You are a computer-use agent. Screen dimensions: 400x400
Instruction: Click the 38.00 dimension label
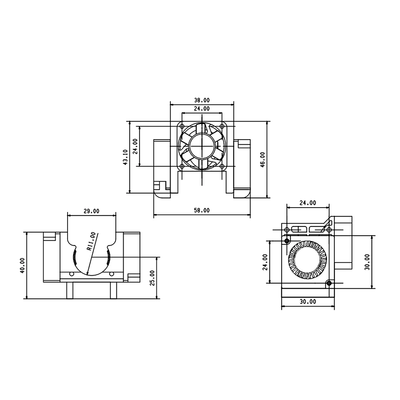coord(202,100)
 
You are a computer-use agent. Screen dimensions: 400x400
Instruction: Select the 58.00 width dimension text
coord(202,210)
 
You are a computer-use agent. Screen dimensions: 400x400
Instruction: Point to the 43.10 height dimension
coord(125,157)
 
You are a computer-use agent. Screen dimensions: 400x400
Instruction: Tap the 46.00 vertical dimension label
coord(262,160)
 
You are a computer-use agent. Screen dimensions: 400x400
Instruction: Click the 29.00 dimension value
coord(91,211)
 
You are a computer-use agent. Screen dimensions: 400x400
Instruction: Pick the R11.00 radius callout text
coord(91,241)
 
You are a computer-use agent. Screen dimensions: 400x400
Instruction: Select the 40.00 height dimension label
coord(22,266)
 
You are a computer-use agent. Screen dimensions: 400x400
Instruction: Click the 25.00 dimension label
coord(152,278)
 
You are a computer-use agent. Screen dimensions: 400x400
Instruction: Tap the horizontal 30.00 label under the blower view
coord(308,302)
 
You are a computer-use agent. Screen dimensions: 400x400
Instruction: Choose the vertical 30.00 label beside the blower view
coord(367,262)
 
